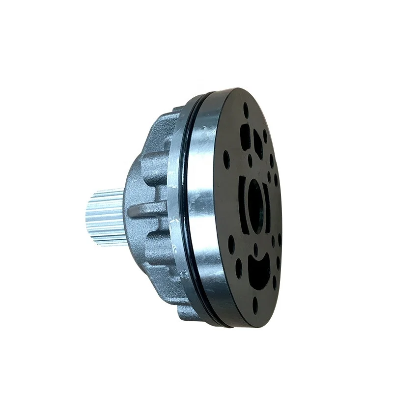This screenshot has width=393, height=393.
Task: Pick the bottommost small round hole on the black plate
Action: [255, 305]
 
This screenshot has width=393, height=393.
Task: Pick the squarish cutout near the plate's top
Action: [245, 137]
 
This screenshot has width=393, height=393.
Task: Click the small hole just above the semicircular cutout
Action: [255, 249]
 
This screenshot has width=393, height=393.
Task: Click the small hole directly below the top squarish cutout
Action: [250, 161]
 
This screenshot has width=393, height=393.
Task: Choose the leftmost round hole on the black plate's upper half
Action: [226, 159]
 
